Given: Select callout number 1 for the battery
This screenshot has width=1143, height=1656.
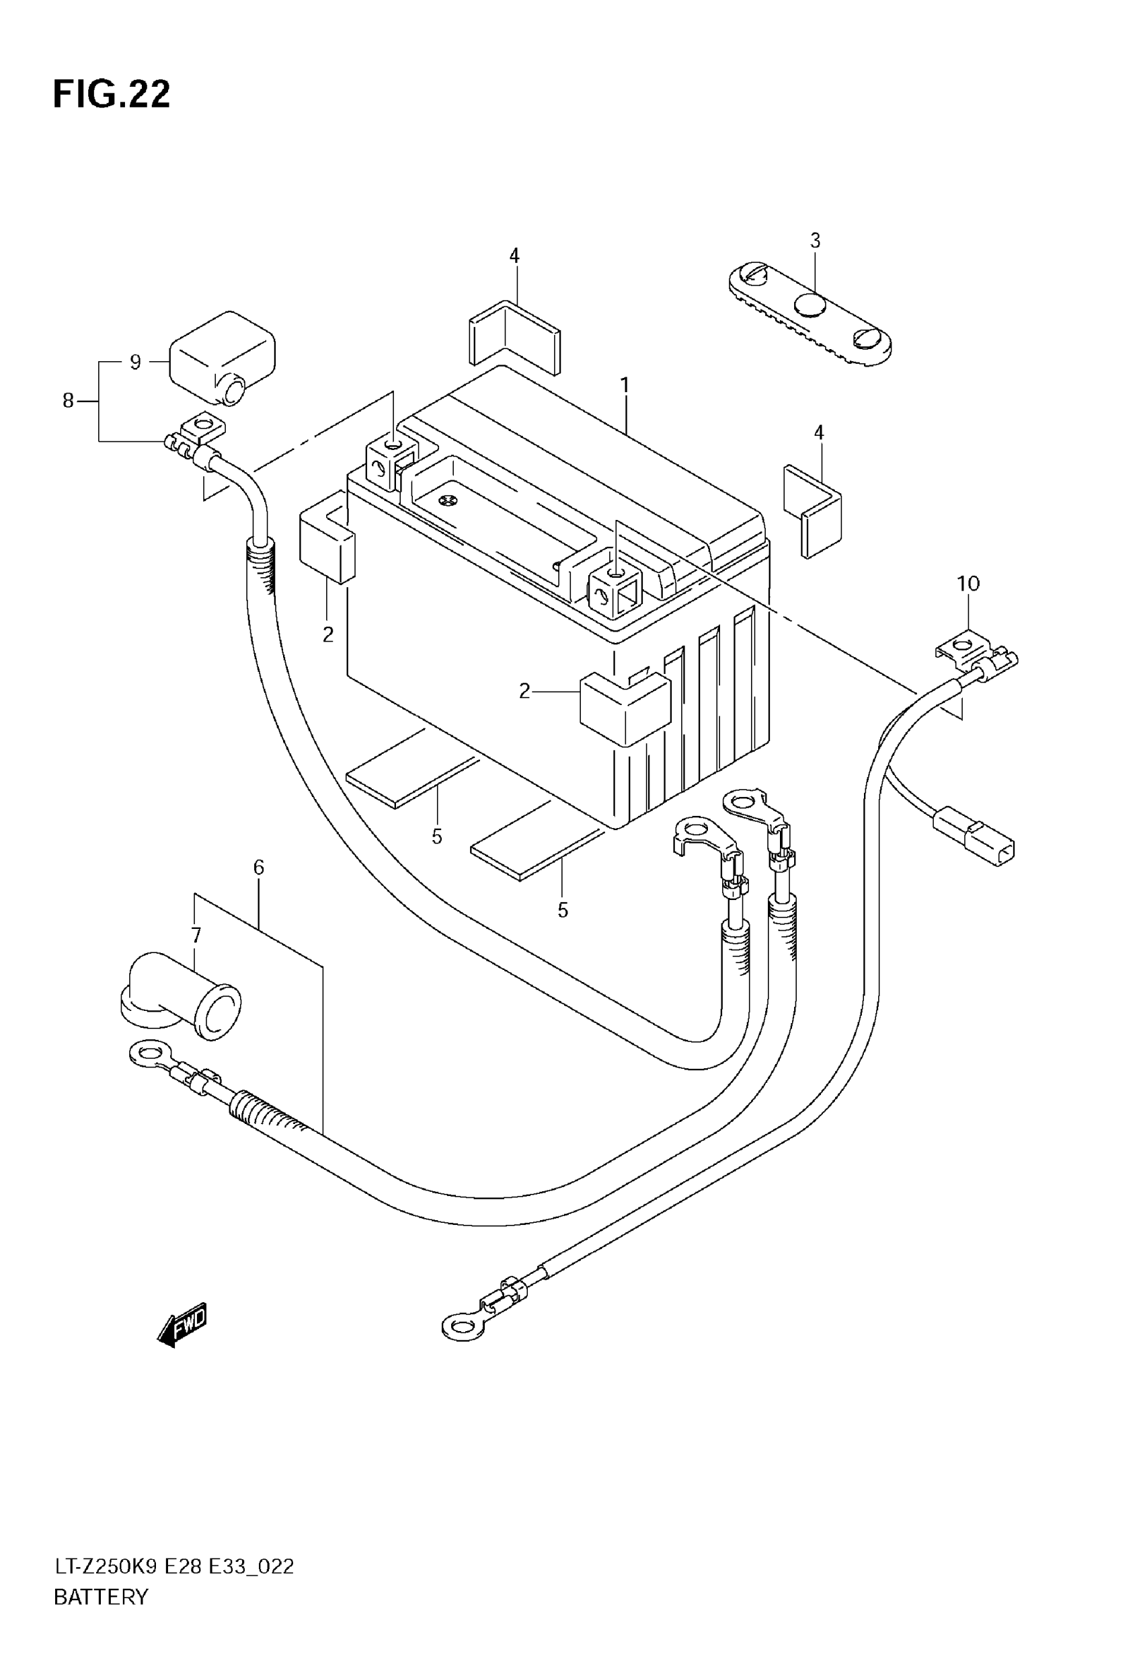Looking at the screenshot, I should pos(625,385).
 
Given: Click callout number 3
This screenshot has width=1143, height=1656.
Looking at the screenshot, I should pos(815,241).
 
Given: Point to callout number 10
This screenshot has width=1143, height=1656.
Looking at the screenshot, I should pos(968,584).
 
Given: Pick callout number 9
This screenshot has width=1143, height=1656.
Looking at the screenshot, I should pos(135,362).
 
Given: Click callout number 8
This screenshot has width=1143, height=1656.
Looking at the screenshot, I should pos(68,401).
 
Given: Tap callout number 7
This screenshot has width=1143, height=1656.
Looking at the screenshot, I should pos(196,936).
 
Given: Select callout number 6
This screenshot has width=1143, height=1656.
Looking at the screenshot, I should pos(259,868).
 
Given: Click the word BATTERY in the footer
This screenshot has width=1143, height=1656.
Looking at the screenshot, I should pos(101,1597).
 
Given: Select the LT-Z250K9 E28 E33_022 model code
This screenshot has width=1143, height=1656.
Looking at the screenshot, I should pos(174,1567).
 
